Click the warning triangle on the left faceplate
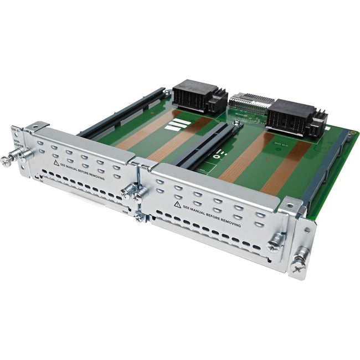tap(55, 164)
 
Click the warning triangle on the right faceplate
tap(177, 204)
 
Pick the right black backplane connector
tap(289, 117)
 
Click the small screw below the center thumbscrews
tap(138, 217)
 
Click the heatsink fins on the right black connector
tap(318, 124)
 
